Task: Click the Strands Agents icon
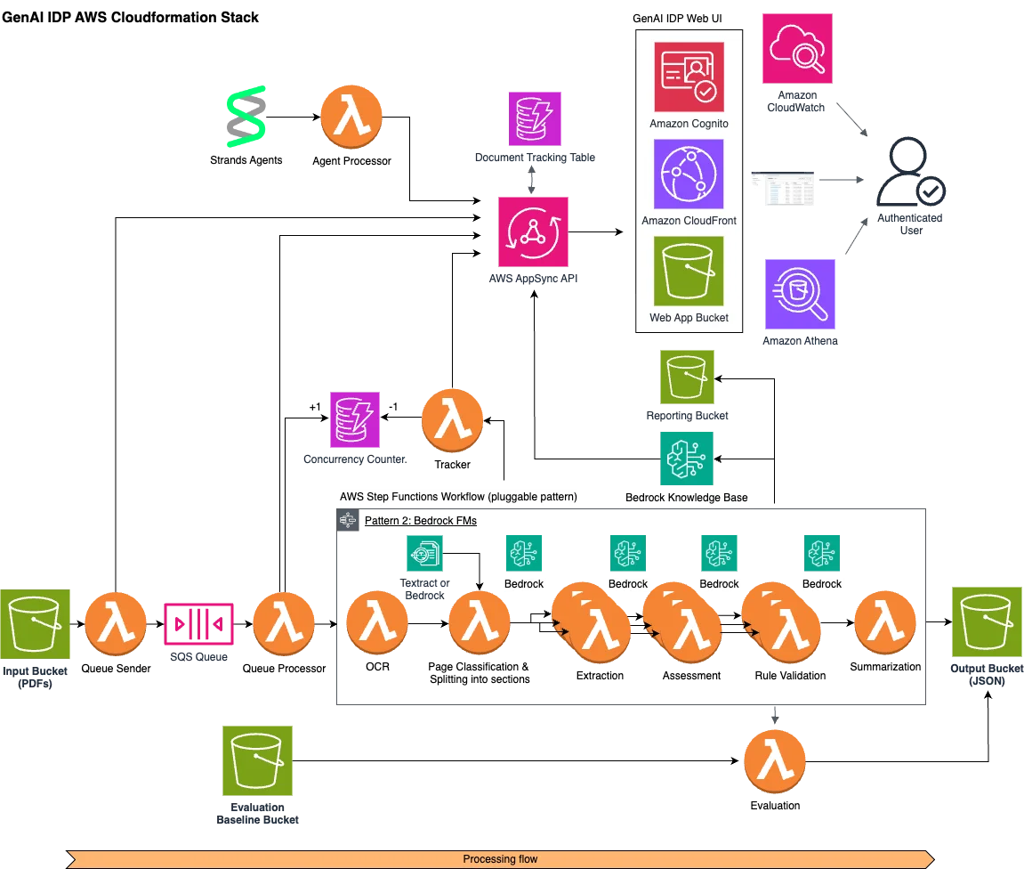coord(246,117)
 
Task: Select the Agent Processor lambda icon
coord(351,117)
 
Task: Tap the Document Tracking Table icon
coord(535,118)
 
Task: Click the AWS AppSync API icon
coord(533,232)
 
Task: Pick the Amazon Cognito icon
coord(689,77)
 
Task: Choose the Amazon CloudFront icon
coord(689,175)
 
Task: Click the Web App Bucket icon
coord(689,272)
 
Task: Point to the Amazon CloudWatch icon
coord(797,48)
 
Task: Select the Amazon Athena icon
coord(800,294)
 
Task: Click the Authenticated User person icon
coord(907,171)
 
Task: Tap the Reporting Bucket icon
coord(687,377)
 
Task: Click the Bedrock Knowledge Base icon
coord(686,459)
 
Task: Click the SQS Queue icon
coord(198,624)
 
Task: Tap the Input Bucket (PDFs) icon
coord(36,624)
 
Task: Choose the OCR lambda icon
coord(377,623)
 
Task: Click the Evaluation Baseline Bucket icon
coord(257,760)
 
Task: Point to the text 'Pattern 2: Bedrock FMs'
coord(421,521)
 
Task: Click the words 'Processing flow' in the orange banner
coord(500,859)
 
